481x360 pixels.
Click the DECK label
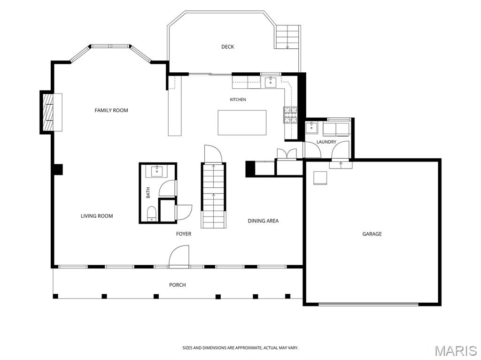228,46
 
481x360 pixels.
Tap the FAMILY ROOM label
111,110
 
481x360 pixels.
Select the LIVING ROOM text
97,216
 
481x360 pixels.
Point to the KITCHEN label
238,100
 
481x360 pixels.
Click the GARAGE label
372,234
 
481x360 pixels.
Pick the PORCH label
177,285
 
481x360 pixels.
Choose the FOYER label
184,234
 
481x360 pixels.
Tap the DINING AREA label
263,221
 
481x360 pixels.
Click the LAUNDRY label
326,142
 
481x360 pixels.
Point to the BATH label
148,192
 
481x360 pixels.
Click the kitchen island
242,123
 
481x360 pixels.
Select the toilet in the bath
152,214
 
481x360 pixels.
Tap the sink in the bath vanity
157,171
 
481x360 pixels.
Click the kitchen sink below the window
271,82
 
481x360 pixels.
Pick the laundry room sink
311,127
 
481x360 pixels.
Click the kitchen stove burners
290,115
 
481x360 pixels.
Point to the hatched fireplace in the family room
47,112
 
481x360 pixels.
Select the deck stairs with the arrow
287,37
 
